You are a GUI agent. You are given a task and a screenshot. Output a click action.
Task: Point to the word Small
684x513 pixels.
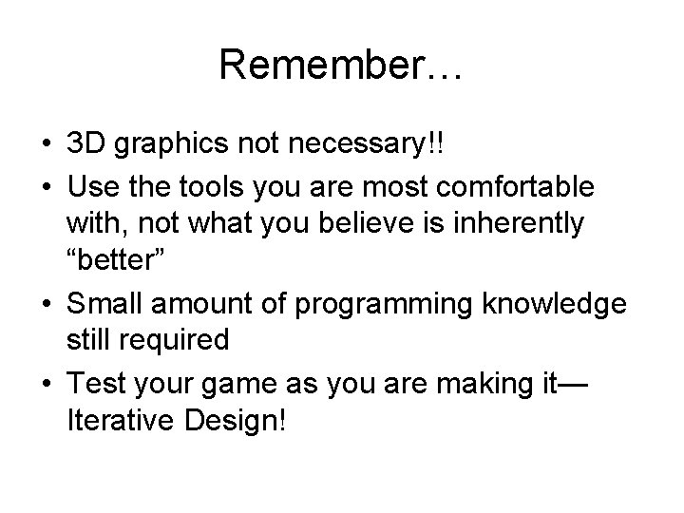tap(104, 302)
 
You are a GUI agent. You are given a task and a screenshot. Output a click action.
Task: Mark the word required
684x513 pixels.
tap(180, 341)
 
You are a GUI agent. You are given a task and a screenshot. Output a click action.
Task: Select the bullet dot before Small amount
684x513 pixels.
tap(47, 304)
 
